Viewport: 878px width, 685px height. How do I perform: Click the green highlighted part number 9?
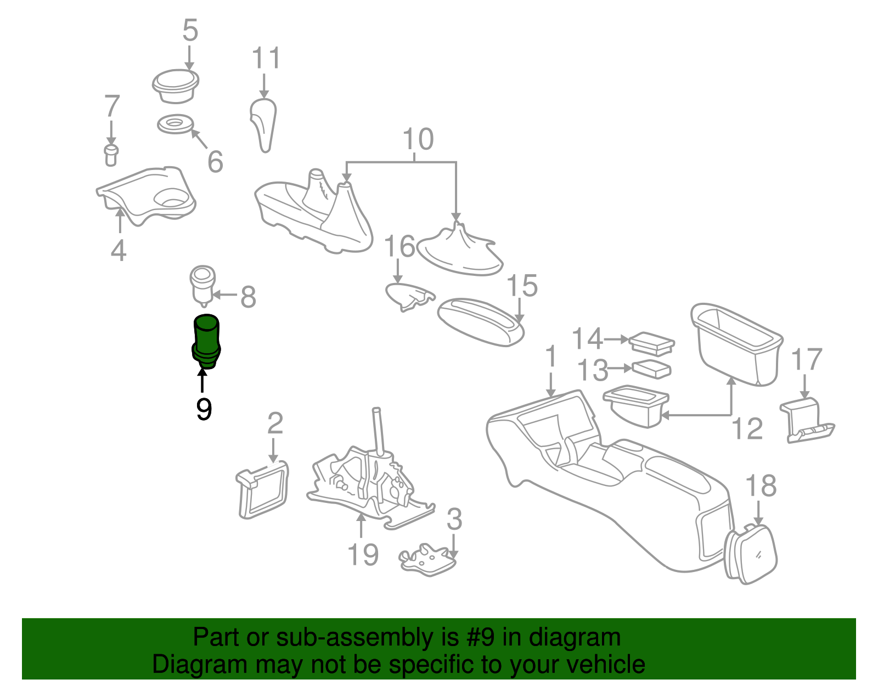click(x=206, y=341)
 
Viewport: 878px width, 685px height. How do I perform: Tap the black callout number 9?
click(x=204, y=409)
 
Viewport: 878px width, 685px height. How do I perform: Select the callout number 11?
click(x=266, y=58)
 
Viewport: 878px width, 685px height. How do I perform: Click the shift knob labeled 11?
click(x=263, y=126)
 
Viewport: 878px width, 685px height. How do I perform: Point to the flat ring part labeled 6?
click(x=175, y=124)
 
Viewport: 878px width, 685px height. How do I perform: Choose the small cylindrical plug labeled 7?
click(x=111, y=155)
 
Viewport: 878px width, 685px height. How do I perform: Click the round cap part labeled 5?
click(x=176, y=87)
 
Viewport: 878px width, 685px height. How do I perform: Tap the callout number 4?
click(x=119, y=250)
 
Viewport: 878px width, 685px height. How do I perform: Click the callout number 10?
click(x=418, y=139)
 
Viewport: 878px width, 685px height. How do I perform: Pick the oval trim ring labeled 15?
click(x=481, y=322)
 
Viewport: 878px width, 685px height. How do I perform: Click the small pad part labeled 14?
click(x=652, y=343)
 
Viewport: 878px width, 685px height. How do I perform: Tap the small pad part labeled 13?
click(x=651, y=369)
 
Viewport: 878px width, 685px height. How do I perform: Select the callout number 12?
click(x=747, y=429)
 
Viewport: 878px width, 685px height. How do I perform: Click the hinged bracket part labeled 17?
click(x=806, y=421)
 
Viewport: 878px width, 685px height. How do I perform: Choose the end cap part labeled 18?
click(x=752, y=554)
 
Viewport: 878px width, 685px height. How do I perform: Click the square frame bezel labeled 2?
click(x=263, y=490)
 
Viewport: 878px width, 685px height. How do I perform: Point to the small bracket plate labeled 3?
click(x=429, y=559)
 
